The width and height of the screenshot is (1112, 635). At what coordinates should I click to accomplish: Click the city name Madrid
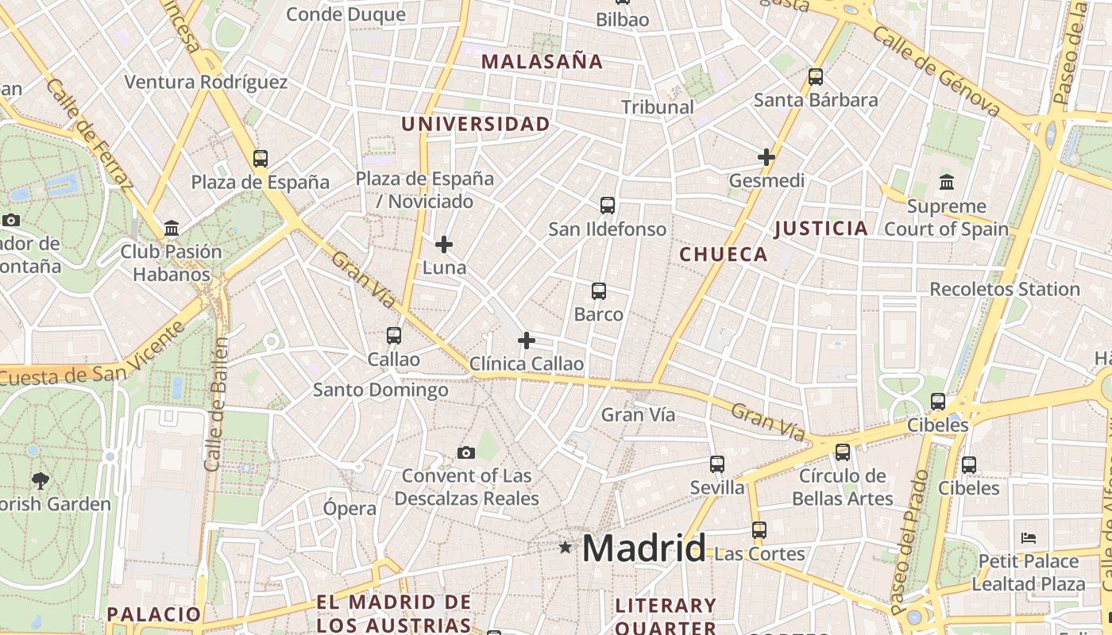pyautogui.click(x=643, y=548)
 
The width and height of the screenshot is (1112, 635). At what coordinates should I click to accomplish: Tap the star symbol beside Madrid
pyautogui.click(x=566, y=547)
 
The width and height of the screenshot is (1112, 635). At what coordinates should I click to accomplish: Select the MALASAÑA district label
pyautogui.click(x=542, y=61)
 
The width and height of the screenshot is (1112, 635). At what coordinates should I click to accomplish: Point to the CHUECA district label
pyautogui.click(x=724, y=254)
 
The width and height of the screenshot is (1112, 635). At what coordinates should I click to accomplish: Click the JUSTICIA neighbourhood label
pyautogui.click(x=821, y=229)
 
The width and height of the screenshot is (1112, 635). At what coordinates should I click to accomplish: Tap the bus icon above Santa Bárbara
pyautogui.click(x=816, y=77)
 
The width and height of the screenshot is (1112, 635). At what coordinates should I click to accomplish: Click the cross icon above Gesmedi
pyautogui.click(x=766, y=157)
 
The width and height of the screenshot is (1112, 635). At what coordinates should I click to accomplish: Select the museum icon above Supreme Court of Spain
pyautogui.click(x=946, y=183)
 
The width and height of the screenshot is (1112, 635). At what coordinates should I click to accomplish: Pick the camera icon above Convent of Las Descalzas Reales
pyautogui.click(x=466, y=452)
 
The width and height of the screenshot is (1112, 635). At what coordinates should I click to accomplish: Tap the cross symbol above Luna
pyautogui.click(x=444, y=244)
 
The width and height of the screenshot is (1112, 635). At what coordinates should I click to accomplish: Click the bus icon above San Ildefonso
pyautogui.click(x=608, y=206)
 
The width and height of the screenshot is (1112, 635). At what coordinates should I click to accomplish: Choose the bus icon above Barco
pyautogui.click(x=599, y=291)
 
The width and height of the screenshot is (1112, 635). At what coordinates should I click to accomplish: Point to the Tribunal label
pyautogui.click(x=658, y=106)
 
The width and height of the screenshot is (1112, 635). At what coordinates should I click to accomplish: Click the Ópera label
pyautogui.click(x=349, y=508)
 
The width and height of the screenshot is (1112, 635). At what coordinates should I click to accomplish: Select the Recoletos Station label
pyautogui.click(x=1005, y=289)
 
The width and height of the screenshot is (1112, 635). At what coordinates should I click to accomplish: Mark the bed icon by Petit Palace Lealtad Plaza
pyautogui.click(x=1029, y=537)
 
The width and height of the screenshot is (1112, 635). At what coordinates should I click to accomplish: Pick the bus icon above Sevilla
pyautogui.click(x=717, y=464)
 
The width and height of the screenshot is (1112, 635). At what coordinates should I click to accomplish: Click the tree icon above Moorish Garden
pyautogui.click(x=40, y=480)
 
